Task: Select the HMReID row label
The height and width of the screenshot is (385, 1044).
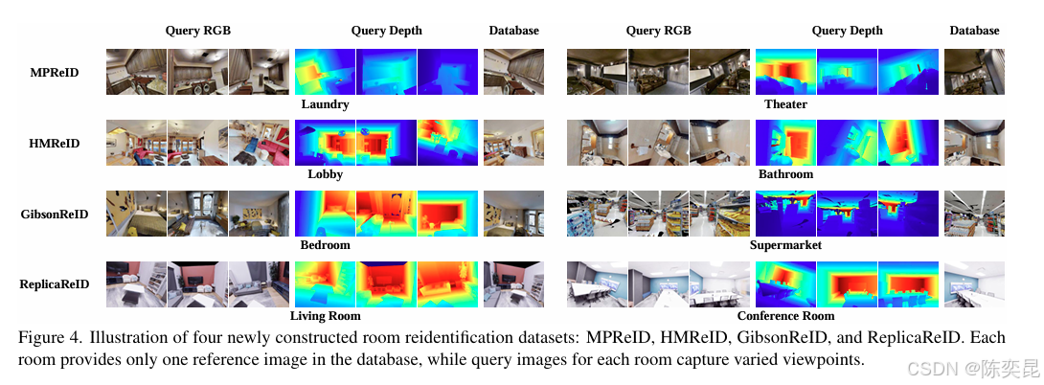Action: [54, 144]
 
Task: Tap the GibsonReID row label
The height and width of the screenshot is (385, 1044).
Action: [54, 214]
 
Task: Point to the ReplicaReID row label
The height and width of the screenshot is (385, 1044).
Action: [55, 284]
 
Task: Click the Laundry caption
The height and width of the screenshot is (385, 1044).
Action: [325, 104]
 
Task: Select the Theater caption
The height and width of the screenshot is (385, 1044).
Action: [785, 104]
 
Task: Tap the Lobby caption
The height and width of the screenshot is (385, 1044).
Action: [325, 175]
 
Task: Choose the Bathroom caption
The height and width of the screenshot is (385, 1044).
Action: [785, 174]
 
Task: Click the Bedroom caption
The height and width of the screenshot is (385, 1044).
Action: [325, 245]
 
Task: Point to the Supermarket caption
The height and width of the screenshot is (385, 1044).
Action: [785, 245]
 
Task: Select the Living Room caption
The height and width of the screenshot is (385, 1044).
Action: [325, 316]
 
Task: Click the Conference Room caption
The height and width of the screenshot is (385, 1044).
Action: [785, 316]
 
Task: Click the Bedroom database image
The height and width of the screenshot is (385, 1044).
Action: [513, 214]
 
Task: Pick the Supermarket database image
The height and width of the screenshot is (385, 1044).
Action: [973, 214]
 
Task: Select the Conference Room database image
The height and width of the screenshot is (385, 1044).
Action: [973, 284]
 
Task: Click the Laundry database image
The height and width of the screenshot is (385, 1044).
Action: [513, 72]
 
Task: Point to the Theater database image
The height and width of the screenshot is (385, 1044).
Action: [973, 72]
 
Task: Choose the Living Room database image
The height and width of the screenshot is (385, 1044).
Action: [513, 284]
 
